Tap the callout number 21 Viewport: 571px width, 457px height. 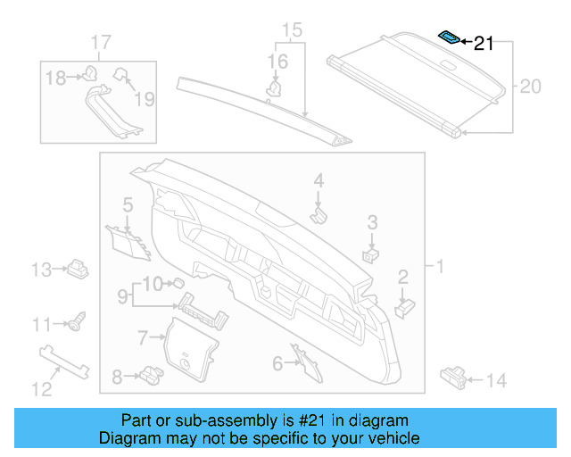tap(483, 43)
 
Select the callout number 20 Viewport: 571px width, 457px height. tap(530, 87)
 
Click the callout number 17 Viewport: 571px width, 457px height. tap(101, 42)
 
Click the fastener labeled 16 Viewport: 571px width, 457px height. tap(277, 87)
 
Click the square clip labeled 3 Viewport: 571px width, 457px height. tap(368, 254)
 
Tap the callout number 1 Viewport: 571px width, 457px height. tap(439, 266)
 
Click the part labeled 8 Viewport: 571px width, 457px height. tap(148, 376)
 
